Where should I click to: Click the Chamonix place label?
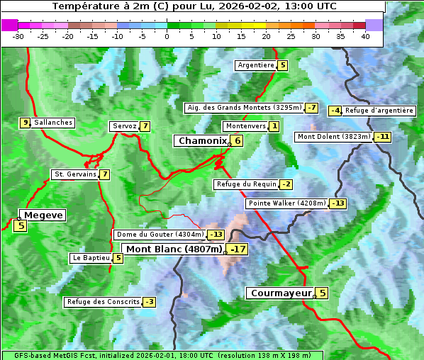(x=202, y=141)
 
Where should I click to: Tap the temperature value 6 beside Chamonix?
(x=238, y=141)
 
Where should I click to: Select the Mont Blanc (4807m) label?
(x=174, y=249)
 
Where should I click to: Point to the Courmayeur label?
(x=281, y=293)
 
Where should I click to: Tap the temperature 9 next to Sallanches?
(x=26, y=123)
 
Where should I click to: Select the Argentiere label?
(x=256, y=65)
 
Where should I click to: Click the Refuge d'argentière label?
(x=379, y=111)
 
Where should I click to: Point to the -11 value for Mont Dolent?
(x=383, y=137)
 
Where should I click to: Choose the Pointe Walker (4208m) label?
(x=286, y=203)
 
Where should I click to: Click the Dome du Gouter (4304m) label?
(x=160, y=235)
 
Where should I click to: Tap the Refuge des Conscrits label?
(x=103, y=302)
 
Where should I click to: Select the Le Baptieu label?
(x=91, y=258)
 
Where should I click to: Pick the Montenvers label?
(x=245, y=126)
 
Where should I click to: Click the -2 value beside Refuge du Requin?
(x=286, y=184)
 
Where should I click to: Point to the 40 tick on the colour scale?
(x=365, y=36)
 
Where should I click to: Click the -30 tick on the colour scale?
(x=18, y=36)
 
